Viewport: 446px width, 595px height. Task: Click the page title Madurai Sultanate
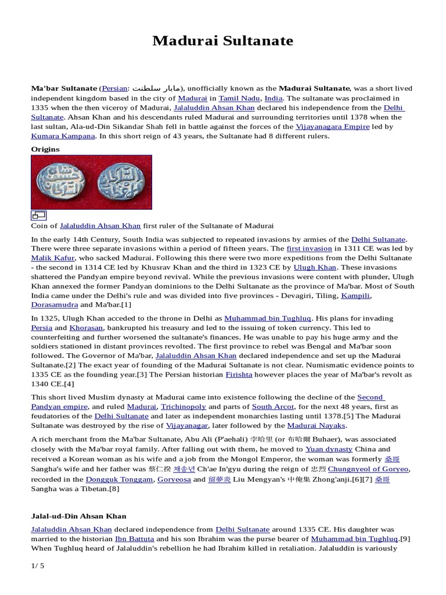[x=223, y=41]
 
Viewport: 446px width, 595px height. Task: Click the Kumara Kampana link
[x=62, y=136]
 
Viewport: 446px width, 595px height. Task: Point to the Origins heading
[x=45, y=149]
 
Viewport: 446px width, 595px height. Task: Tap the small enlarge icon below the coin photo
[x=39, y=215]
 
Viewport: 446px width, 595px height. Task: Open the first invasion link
[x=310, y=248]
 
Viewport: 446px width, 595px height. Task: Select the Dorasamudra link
[x=54, y=304]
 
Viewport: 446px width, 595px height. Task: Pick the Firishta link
[x=239, y=375]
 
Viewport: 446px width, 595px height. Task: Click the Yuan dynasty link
[x=330, y=449]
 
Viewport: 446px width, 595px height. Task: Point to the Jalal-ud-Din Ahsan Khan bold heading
[x=78, y=515]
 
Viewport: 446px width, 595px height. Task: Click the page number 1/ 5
[x=37, y=565]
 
